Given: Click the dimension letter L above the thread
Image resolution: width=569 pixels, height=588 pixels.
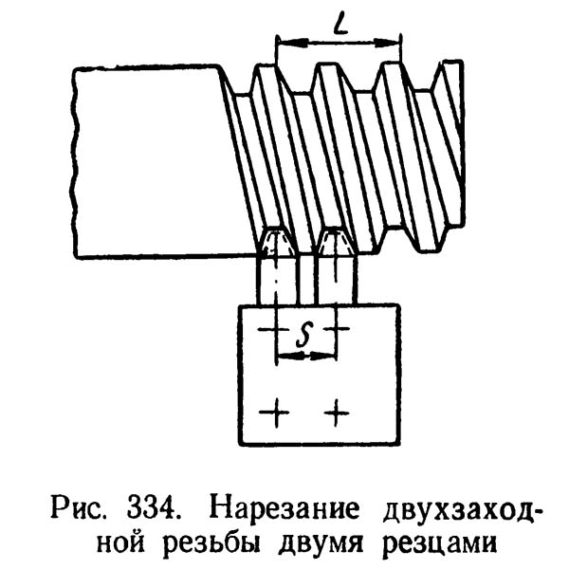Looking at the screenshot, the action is (339, 25).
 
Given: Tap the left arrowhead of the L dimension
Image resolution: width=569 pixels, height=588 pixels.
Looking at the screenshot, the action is (281, 42).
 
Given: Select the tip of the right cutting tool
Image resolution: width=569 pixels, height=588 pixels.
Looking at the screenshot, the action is (336, 233).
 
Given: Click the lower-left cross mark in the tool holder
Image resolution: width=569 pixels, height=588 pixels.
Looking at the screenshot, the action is (276, 412).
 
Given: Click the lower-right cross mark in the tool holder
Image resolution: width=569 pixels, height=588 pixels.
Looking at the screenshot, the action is (337, 412).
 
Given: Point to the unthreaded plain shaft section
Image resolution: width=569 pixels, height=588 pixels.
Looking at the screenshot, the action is (152, 161).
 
